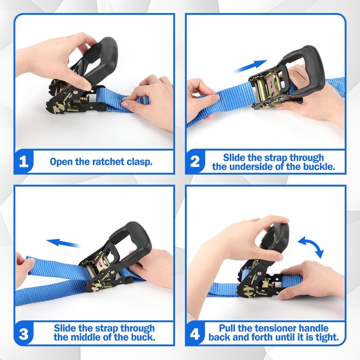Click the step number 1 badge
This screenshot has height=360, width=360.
click(x=24, y=162)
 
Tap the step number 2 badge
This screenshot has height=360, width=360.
click(x=195, y=162)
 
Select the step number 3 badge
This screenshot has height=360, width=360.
click(x=24, y=333)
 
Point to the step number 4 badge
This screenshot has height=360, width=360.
click(x=195, y=333)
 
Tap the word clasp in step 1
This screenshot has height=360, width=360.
click(x=140, y=162)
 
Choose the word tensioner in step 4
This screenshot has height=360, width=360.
click(x=274, y=328)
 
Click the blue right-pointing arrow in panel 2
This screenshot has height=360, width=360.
click(x=250, y=66)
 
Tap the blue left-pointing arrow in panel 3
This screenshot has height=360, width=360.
click(x=64, y=243)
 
